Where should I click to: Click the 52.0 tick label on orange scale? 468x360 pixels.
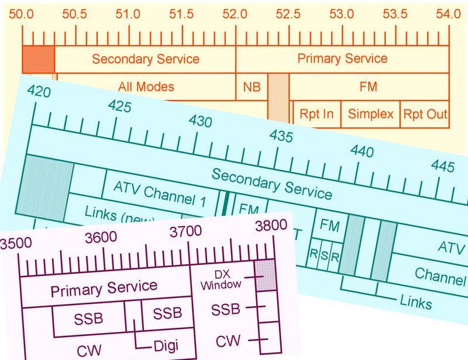pos(235,13)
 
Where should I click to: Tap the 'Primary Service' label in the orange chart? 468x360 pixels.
pos(342,58)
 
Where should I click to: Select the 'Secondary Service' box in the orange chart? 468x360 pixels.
pos(145,59)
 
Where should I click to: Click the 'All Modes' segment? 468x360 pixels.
pos(146,87)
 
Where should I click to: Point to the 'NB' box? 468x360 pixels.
pos(252,87)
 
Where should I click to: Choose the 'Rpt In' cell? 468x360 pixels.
pos(316,113)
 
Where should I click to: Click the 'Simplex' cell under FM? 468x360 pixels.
pos(371,113)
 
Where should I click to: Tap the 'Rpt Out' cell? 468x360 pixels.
pos(425,113)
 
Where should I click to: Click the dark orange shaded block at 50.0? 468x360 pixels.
pos(38,58)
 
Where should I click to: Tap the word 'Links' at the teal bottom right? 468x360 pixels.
pos(416,303)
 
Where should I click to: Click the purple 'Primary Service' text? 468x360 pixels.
pos(104,288)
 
